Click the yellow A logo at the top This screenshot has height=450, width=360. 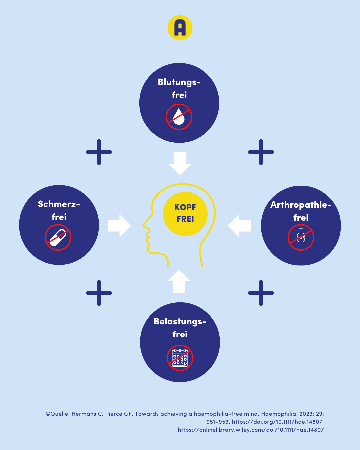180,28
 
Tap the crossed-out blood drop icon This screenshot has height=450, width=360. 179,117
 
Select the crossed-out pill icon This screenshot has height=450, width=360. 58,237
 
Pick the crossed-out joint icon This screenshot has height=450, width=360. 301,237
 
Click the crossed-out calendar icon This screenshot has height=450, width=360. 180,358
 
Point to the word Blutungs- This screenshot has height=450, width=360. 179,82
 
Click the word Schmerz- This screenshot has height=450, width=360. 59,204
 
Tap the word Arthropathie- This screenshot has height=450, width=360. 301,205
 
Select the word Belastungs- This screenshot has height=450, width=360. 180,322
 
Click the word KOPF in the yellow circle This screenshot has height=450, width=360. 185,207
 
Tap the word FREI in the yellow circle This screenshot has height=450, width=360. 185,219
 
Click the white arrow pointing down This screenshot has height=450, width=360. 180,164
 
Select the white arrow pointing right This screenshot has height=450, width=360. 119,226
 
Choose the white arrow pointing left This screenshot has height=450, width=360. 239,226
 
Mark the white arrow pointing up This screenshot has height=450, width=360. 179,281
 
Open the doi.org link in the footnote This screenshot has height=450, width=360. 277,422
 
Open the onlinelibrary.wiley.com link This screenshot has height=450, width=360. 251,430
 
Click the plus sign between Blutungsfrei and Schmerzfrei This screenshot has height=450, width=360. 99,152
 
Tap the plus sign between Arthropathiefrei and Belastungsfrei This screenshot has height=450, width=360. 261,293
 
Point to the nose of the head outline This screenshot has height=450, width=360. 143,225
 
